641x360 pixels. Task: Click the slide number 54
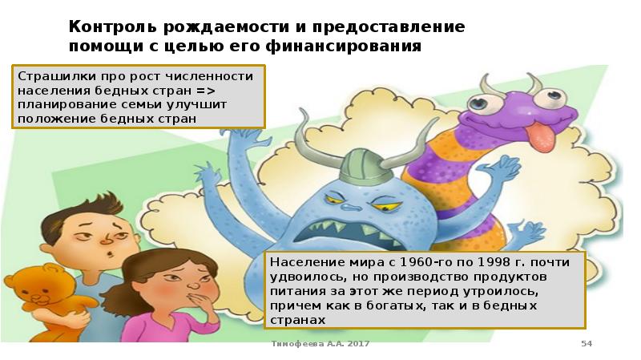[x=586, y=344]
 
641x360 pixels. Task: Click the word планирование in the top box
[x=57, y=104]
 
